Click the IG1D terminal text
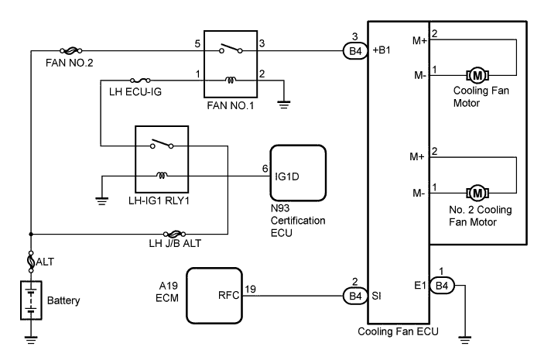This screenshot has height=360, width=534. (x=288, y=175)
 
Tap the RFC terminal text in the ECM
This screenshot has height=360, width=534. (x=230, y=294)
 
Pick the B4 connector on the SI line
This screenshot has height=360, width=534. (x=354, y=294)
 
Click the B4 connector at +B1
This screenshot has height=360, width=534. (x=355, y=52)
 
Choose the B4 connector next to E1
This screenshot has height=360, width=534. (x=442, y=286)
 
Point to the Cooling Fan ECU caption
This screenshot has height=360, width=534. (x=398, y=332)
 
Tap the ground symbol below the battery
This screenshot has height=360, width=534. (x=31, y=336)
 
